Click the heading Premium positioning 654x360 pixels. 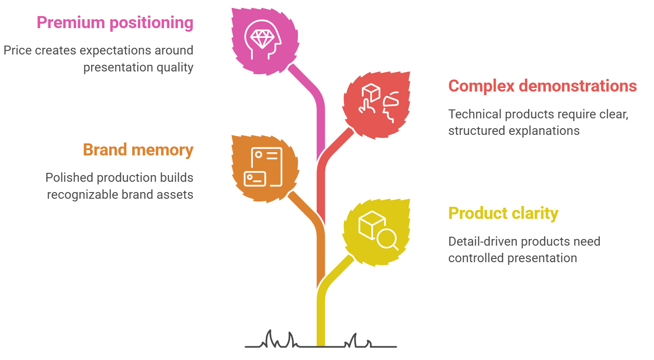coord(115,23)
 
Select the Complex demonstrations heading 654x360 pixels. coord(542,86)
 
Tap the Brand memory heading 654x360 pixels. coord(138,151)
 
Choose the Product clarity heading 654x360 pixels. coord(503,213)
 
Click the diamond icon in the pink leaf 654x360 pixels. coord(263,39)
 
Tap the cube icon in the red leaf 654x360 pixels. coord(371,92)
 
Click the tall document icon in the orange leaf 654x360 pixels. coord(267,167)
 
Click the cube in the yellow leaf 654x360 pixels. coord(371,225)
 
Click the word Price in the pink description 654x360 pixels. coord(17,50)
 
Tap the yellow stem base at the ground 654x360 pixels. coord(321,343)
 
